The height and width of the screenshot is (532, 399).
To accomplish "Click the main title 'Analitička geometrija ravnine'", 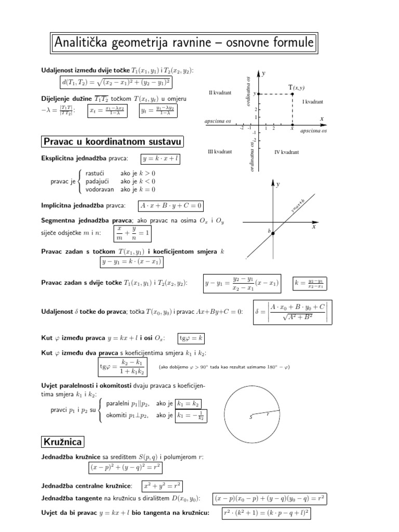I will point(184,44).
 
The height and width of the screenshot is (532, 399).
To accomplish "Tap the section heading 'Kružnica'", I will point(63,442).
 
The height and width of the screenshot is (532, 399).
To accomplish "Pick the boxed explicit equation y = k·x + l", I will point(160,158).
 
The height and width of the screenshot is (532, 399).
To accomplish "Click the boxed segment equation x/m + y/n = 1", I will point(133,233).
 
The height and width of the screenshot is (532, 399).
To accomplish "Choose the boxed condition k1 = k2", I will point(188,404).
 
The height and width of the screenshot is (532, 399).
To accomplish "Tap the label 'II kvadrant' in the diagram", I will point(220,92).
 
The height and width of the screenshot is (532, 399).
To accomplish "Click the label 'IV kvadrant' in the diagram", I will point(286,152).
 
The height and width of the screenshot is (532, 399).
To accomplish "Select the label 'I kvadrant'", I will point(313,102).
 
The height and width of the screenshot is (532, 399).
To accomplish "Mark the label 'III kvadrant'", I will point(220,152).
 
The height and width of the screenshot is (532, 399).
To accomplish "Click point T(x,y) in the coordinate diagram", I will point(292,94).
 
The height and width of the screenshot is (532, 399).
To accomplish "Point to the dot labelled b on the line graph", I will point(273,233).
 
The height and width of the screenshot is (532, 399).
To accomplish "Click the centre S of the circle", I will point(252,416).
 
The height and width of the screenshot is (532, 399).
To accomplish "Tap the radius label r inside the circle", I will point(268,415).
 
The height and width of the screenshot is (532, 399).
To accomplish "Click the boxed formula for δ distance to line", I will point(294,312).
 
